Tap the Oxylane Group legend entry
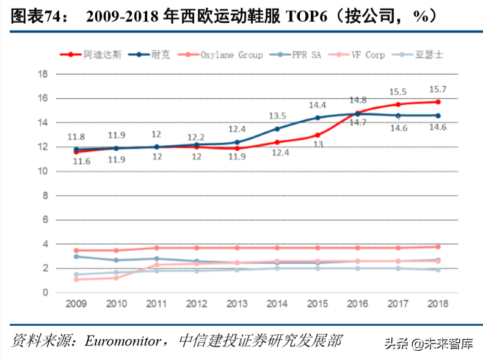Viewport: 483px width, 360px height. pos(231,54)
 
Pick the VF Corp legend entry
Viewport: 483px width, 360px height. pos(367,54)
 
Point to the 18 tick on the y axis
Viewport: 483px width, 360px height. pos(43,74)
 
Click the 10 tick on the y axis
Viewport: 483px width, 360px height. pos(43,171)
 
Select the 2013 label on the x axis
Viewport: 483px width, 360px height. pos(237,303)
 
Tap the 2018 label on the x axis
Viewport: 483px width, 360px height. pos(437,303)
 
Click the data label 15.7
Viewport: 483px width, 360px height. pos(437,89)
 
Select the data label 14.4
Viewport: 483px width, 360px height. pos(317,105)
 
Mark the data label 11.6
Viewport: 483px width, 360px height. pos(76,160)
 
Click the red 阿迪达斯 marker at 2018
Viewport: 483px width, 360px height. pos(437,102)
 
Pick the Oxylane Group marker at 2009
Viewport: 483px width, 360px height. pos(76,250)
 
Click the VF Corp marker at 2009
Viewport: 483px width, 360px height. pos(76,279)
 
